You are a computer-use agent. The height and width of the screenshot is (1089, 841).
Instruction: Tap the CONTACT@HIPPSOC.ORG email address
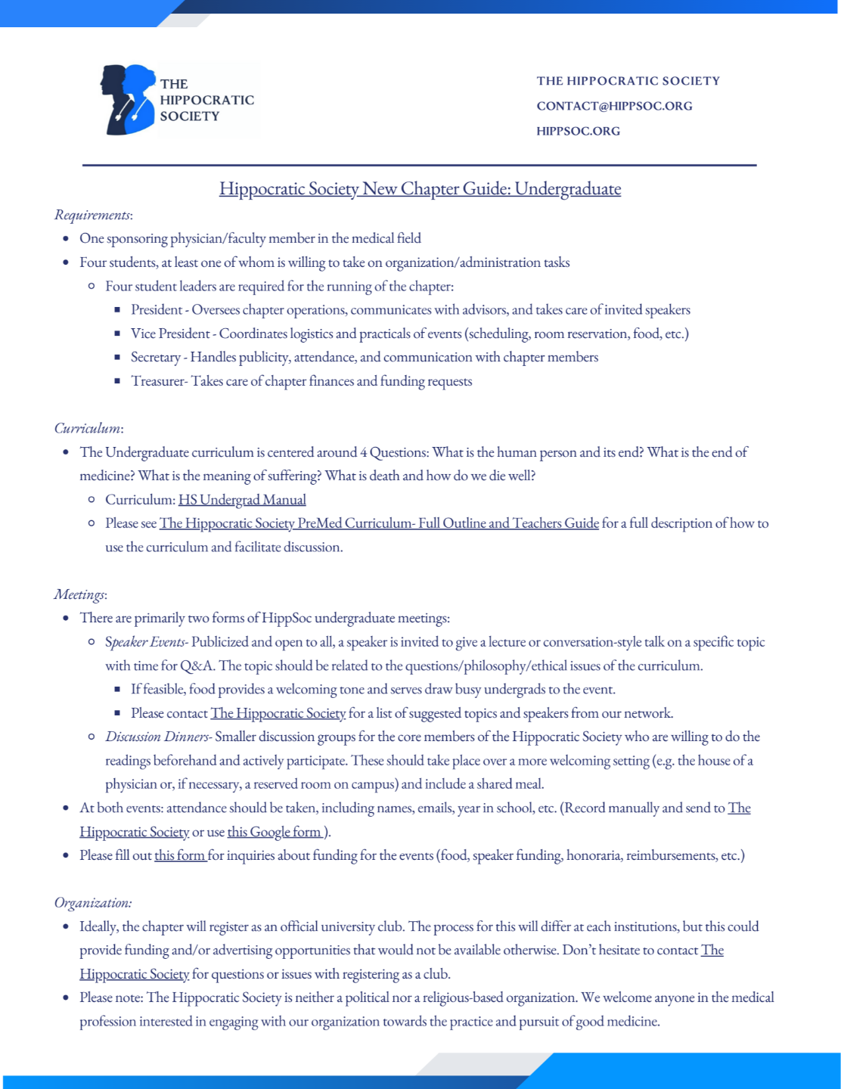pos(614,106)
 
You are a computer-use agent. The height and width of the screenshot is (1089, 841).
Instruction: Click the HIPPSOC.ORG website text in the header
pos(578,131)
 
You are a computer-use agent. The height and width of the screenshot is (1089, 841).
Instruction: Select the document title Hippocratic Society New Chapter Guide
pos(420,188)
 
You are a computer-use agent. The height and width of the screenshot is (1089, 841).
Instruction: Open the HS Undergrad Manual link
pos(242,500)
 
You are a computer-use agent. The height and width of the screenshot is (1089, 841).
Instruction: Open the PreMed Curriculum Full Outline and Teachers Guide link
pos(379,523)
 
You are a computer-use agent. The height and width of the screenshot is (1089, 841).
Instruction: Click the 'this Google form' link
pos(275,832)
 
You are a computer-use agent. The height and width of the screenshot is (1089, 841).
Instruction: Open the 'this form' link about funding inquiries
pos(180,855)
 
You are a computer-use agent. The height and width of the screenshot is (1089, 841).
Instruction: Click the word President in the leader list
pos(157,310)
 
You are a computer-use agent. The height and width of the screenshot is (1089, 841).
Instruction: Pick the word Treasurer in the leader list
pos(157,381)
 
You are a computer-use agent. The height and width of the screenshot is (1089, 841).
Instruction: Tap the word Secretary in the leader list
pos(155,357)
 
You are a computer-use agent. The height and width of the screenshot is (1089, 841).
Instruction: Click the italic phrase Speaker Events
pos(146,642)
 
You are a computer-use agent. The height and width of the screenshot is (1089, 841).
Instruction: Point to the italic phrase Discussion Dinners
pos(157,737)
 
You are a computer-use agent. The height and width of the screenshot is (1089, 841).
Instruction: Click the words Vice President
pos(170,334)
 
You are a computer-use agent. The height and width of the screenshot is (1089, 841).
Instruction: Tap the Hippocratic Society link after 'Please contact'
pos(278,713)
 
